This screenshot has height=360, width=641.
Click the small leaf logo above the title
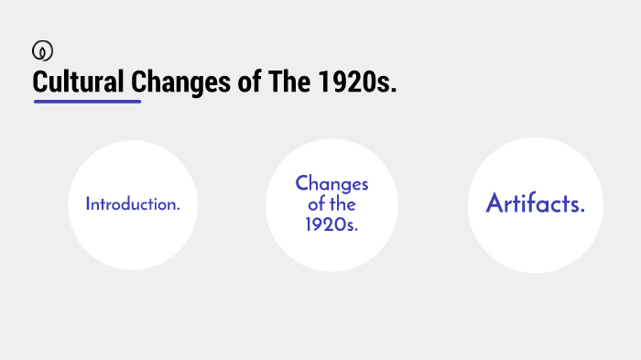40,50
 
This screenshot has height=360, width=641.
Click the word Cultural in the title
79,82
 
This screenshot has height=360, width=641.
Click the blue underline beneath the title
87,102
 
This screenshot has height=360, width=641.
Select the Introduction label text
133,204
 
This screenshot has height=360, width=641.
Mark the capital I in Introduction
88,204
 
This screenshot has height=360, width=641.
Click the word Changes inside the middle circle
331,184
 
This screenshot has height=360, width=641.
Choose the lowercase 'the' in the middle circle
343,205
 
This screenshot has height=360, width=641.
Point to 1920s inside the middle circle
331,225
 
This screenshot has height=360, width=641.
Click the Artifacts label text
536,204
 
